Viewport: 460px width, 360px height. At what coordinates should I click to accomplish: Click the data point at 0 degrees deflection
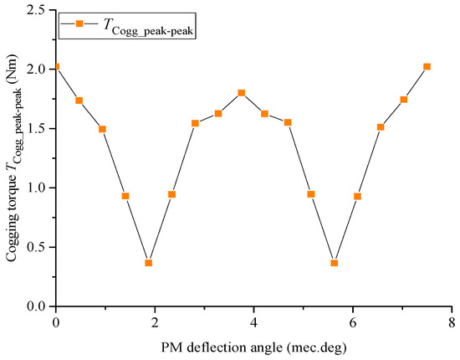click(56, 66)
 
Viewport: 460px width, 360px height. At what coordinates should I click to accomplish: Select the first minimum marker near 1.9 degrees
click(149, 263)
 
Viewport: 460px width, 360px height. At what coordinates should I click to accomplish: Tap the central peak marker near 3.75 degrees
click(242, 93)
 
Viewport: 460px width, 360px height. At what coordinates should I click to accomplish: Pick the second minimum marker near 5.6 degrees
click(335, 263)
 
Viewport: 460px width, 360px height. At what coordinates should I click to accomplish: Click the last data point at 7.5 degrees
click(427, 66)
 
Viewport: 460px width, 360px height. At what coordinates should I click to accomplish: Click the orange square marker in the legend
click(79, 24)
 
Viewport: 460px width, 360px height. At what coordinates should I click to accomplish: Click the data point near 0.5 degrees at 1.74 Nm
click(79, 100)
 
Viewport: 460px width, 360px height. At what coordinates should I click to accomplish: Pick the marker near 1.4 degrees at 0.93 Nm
click(125, 196)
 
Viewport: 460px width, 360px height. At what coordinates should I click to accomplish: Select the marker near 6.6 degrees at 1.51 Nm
click(381, 127)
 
